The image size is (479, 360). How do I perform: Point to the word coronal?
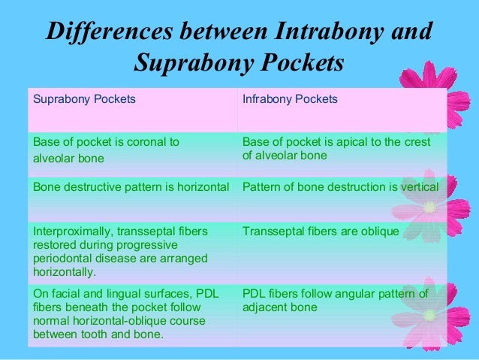coord(146,141)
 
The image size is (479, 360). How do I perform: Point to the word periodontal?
coord(63,259)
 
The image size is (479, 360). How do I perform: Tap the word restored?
coord(53,245)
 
